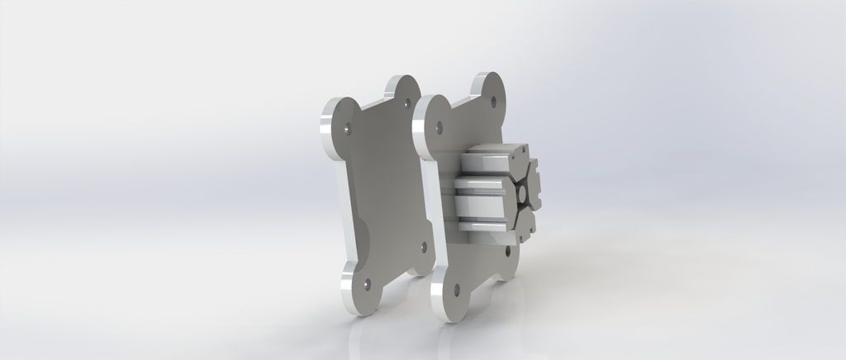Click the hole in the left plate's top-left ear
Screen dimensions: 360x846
(x=348, y=128)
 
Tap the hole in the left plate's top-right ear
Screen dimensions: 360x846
(x=406, y=103)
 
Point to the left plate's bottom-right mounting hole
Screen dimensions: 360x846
(x=424, y=246)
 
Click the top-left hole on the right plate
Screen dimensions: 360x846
(x=440, y=127)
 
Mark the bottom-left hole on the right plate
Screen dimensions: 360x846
(x=457, y=289)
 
